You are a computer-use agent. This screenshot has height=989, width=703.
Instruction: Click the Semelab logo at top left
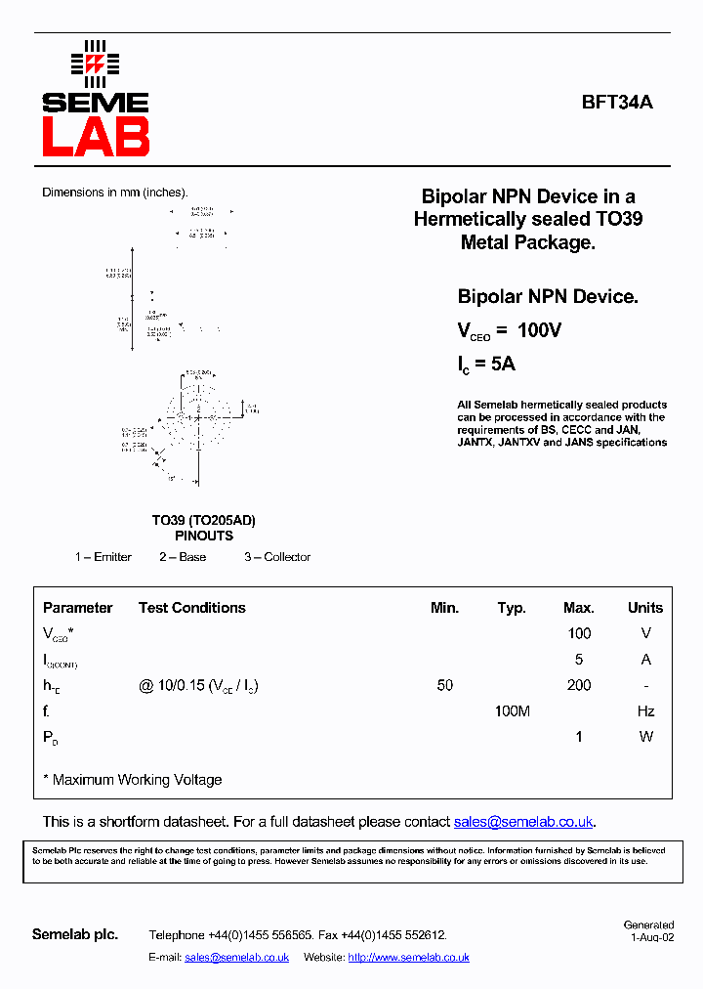[95, 100]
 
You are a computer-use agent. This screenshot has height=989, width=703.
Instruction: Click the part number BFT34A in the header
[617, 101]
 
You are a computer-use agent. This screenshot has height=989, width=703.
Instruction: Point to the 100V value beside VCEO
[539, 330]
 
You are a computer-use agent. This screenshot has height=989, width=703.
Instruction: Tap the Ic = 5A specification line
[486, 365]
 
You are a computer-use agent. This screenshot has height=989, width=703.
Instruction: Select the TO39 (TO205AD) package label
[203, 521]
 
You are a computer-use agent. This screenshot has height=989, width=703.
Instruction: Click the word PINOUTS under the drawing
[204, 536]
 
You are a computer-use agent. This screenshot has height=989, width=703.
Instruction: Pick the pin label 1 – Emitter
[103, 557]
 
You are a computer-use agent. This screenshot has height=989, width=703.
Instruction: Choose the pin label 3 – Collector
[277, 557]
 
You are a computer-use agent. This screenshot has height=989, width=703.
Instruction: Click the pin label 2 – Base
[183, 557]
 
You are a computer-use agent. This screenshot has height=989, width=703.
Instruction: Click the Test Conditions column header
[191, 608]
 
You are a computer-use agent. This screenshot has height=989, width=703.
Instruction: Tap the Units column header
[644, 608]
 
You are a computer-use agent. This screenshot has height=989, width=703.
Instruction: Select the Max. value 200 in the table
[579, 685]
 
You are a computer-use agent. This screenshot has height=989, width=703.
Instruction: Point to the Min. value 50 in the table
[444, 685]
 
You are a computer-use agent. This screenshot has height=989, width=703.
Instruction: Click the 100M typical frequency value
[512, 711]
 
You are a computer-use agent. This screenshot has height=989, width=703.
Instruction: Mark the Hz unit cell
[645, 711]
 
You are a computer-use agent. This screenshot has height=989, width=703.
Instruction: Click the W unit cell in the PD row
[645, 737]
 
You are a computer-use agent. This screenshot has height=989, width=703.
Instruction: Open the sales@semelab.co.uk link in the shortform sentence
[523, 822]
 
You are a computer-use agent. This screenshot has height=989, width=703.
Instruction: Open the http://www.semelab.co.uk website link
[408, 958]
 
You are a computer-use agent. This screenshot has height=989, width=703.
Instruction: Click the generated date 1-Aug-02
[651, 936]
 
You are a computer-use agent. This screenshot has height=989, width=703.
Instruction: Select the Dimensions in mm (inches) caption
[114, 193]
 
